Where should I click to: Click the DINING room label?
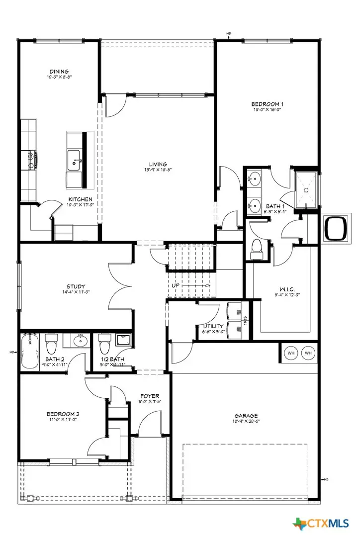(x=59, y=72)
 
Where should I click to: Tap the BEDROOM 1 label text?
(x=267, y=104)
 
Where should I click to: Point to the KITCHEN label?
(x=80, y=199)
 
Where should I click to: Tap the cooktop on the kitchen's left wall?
(x=32, y=159)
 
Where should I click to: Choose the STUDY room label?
(x=76, y=286)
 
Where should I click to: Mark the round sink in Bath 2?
(x=80, y=341)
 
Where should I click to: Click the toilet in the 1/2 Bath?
(x=104, y=343)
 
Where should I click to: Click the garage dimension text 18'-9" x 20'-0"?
(x=246, y=421)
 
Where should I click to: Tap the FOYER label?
(x=150, y=396)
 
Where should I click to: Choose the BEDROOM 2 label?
(x=63, y=414)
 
